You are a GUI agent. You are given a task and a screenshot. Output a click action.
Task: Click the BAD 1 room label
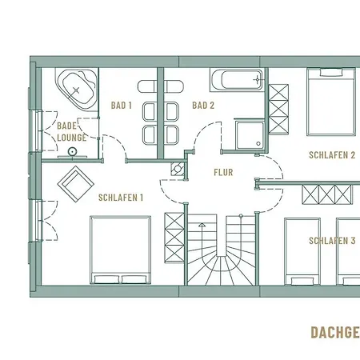121,105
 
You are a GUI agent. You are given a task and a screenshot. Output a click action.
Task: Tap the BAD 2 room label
203,105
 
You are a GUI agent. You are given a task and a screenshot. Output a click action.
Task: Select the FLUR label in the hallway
222,172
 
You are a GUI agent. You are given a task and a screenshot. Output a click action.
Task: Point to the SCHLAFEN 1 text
120,197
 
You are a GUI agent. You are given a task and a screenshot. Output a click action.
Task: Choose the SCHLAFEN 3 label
332,240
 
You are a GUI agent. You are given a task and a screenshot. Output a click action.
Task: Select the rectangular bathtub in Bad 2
237,80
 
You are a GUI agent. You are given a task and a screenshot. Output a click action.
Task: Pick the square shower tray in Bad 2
250,134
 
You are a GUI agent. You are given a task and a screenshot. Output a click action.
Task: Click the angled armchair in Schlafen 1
76,184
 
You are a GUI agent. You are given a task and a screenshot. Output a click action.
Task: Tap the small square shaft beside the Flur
177,169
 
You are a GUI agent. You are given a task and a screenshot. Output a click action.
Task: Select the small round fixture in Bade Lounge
73,150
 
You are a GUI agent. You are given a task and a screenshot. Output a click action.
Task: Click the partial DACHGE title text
334,332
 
